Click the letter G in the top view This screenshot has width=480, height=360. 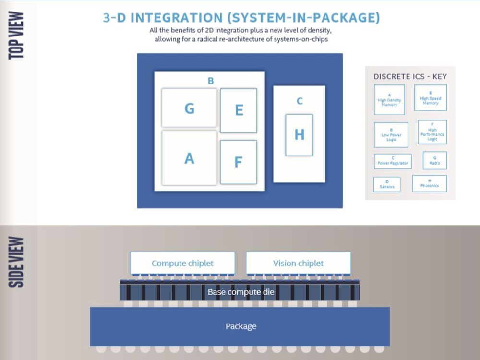pyautogui.click(x=190, y=108)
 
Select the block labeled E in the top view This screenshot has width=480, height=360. pyautogui.click(x=239, y=110)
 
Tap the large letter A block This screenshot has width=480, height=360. pyautogui.click(x=189, y=158)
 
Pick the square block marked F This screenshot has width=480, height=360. pyautogui.click(x=238, y=162)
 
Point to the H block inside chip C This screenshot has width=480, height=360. pyautogui.click(x=299, y=135)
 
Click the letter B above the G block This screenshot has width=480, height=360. pyautogui.click(x=211, y=81)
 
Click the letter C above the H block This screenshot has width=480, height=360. pyautogui.click(x=300, y=101)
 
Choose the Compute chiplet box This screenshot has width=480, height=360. pyautogui.click(x=182, y=263)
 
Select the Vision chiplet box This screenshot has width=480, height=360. pyautogui.click(x=298, y=263)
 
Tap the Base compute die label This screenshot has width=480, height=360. pyautogui.click(x=240, y=292)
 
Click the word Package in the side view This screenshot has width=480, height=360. pyautogui.click(x=240, y=326)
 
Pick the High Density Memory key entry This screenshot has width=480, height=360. pyautogui.click(x=389, y=100)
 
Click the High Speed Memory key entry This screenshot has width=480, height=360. pyautogui.click(x=431, y=98)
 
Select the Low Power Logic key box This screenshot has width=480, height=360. pyautogui.click(x=391, y=135)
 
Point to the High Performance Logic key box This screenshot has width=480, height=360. pyautogui.click(x=432, y=132)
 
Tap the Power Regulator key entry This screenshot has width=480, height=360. pyautogui.click(x=393, y=161)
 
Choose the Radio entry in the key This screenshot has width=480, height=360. pyautogui.click(x=434, y=161)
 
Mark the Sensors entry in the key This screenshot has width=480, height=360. pyautogui.click(x=387, y=184)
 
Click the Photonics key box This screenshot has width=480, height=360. pyautogui.click(x=429, y=183)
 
